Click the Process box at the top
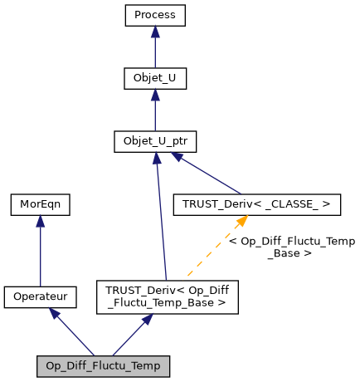(x=155, y=15)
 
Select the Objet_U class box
(x=155, y=79)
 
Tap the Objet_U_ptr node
(x=155, y=142)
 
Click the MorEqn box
(x=40, y=203)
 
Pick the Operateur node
(x=40, y=296)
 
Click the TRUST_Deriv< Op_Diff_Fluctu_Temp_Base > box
(x=168, y=296)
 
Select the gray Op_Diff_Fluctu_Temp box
(x=104, y=365)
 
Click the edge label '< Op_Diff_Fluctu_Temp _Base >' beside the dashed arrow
(x=291, y=247)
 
